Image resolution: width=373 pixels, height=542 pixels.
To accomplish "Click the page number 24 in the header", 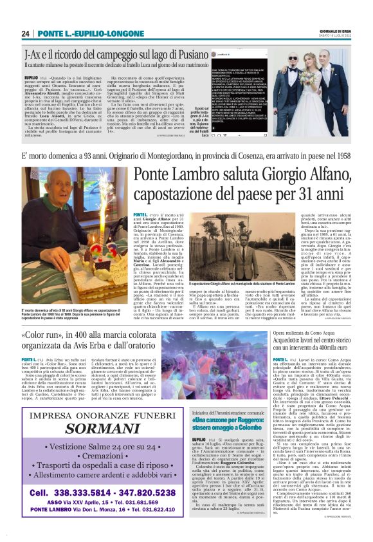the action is (26, 33).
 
